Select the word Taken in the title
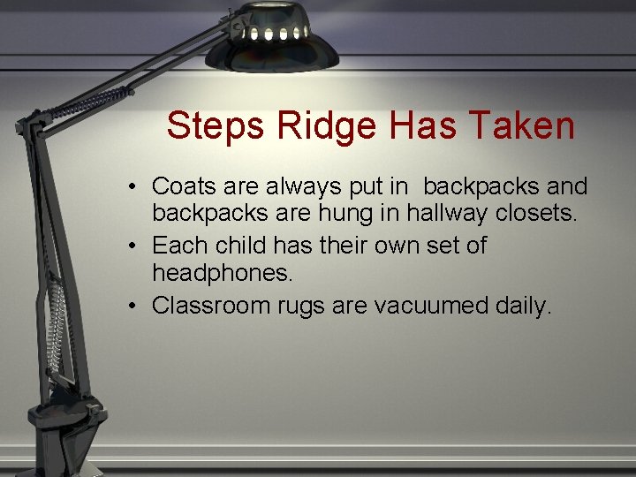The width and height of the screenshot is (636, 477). [x=525, y=126]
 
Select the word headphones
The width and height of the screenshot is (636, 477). [x=222, y=274]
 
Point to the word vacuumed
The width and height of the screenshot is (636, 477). [x=429, y=306]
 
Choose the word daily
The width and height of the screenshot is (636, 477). [x=521, y=306]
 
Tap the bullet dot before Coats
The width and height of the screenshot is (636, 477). [x=129, y=187]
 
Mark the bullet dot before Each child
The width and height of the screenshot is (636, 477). [x=129, y=246]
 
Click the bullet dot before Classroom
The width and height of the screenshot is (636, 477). [x=129, y=306]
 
